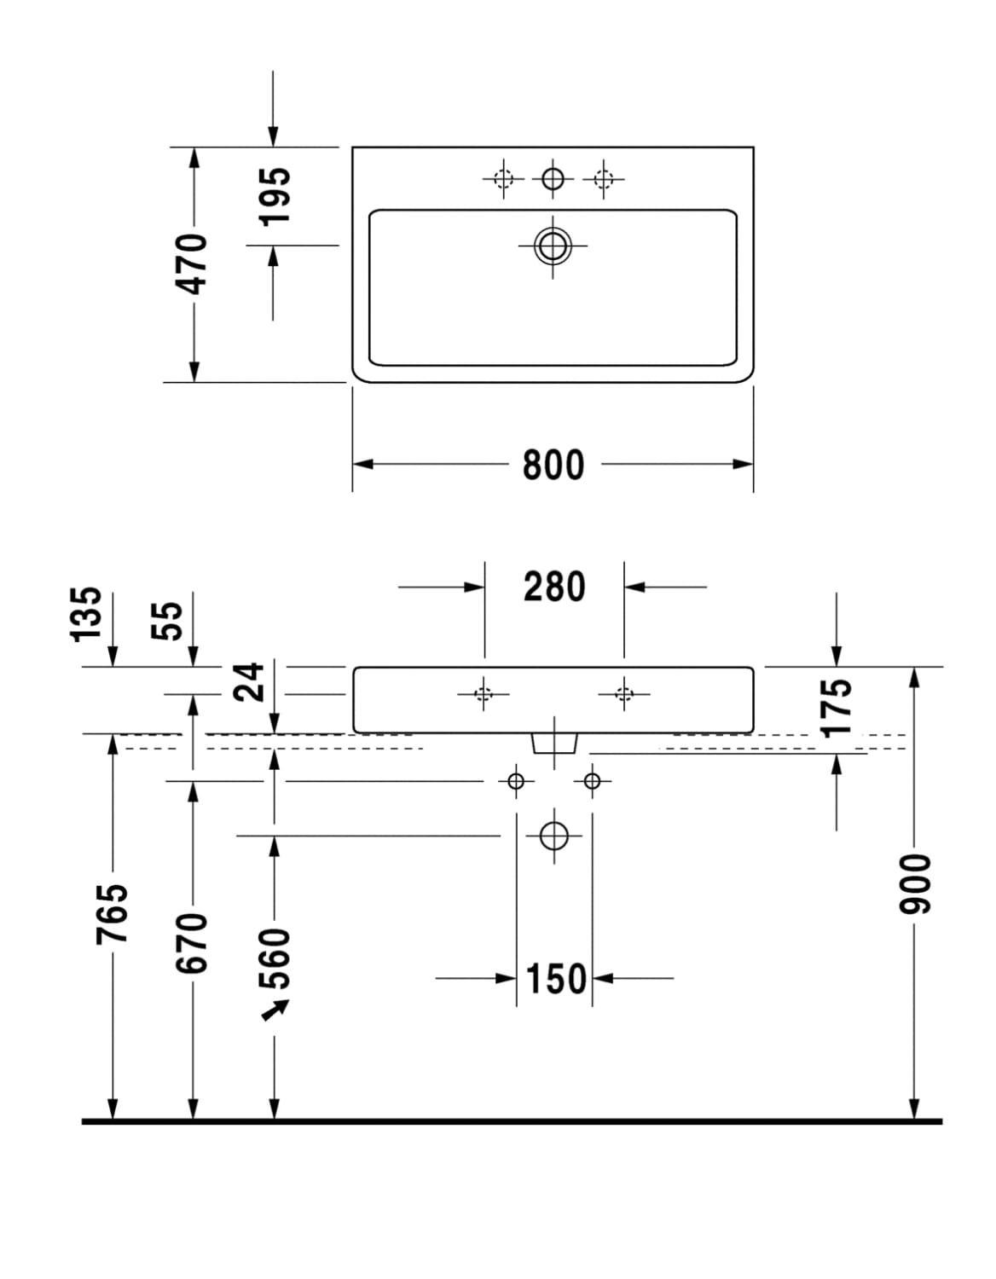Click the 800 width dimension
[553, 466]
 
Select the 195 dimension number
[274, 196]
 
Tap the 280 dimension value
[554, 587]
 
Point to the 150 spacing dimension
[555, 978]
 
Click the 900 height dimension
[913, 883]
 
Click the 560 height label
[275, 960]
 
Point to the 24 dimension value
[251, 682]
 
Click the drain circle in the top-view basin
[553, 246]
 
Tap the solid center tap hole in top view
[553, 179]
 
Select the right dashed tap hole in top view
[604, 179]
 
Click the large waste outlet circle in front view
[553, 836]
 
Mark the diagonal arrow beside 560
[274, 1011]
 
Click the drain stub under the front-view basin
[553, 744]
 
